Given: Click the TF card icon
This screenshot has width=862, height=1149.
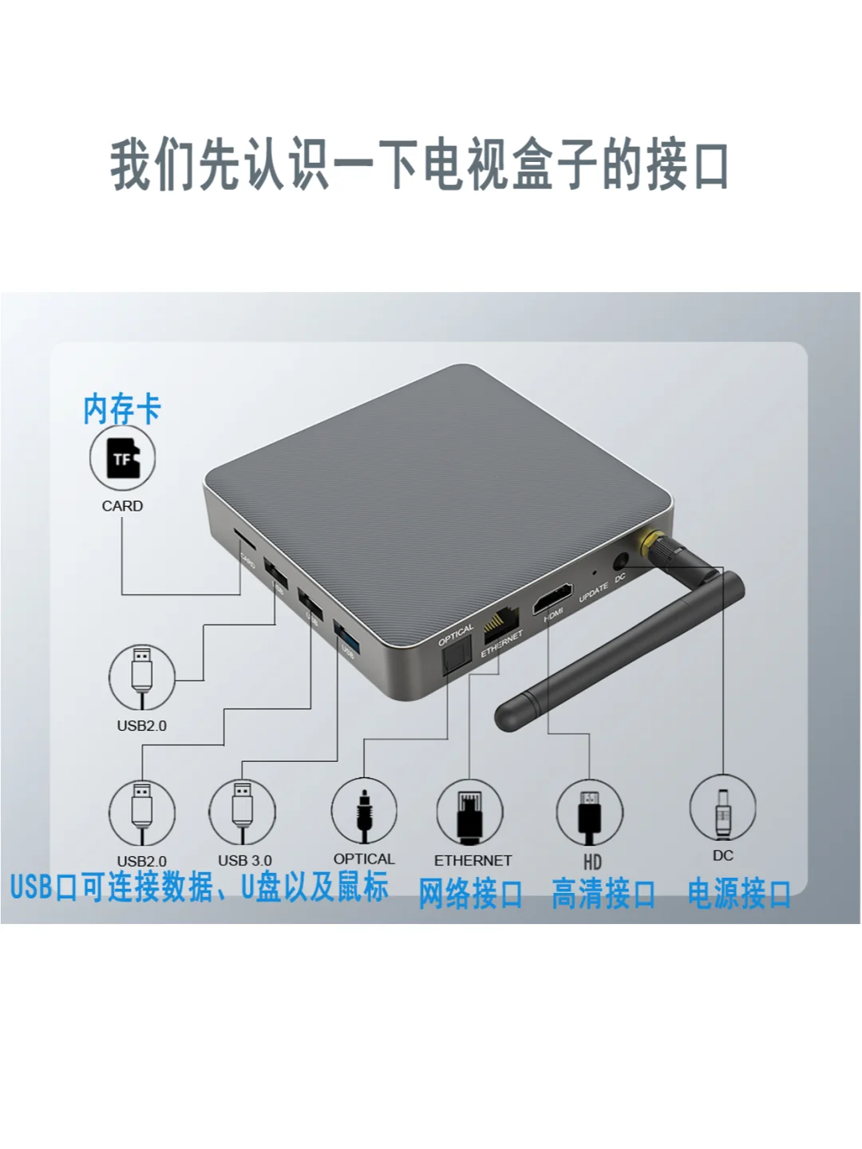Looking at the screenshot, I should [122, 458].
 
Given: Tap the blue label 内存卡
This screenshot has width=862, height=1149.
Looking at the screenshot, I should [122, 409].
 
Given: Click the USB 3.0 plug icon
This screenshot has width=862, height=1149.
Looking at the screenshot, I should [243, 811].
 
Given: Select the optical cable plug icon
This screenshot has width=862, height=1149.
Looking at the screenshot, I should [364, 811].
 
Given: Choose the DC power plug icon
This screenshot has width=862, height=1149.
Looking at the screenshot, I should [722, 807].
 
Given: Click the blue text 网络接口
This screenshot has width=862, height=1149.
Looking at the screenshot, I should [470, 894].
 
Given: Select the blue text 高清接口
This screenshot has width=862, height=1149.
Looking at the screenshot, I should [603, 894].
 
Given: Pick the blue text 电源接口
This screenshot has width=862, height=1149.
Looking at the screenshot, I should [739, 894].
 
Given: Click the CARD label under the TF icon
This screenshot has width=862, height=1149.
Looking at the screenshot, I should [122, 506].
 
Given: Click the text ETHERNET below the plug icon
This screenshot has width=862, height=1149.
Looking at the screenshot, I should [473, 860].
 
